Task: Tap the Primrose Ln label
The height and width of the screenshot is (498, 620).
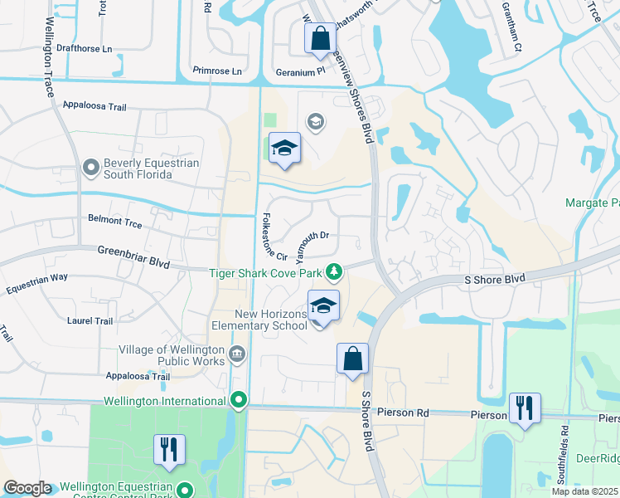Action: (x=217, y=71)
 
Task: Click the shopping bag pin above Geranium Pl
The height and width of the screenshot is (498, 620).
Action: (x=320, y=39)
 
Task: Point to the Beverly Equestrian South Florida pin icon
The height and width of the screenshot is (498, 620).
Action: (x=91, y=168)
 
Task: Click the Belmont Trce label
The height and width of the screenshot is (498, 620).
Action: (x=115, y=224)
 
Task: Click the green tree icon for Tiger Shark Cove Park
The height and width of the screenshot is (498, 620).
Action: (x=334, y=271)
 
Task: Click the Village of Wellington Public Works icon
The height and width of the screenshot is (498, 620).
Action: (x=237, y=355)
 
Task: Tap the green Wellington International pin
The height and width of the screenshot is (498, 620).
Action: (x=240, y=402)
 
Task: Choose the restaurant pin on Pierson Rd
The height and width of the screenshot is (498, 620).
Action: (x=525, y=408)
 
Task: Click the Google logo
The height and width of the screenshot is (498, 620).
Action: (x=27, y=488)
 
